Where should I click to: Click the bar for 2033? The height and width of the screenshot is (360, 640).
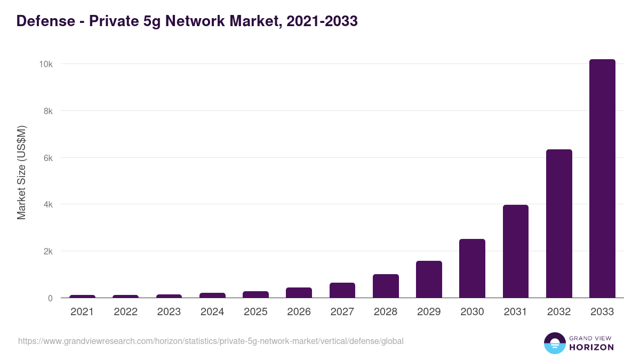(602, 179)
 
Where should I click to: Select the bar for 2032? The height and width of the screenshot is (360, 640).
(559, 224)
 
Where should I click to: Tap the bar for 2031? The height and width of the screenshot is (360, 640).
(516, 251)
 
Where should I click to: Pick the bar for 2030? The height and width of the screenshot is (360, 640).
(472, 268)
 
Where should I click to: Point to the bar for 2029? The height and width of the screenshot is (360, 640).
(429, 279)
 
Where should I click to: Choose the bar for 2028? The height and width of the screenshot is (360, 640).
(386, 286)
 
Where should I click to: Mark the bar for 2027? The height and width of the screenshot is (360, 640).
(342, 290)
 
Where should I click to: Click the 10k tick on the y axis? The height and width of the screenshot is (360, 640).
(45, 64)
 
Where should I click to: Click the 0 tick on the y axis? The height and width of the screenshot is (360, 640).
(50, 298)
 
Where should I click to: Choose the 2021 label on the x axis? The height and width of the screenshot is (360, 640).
(82, 312)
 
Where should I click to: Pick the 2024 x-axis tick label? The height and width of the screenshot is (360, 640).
(212, 312)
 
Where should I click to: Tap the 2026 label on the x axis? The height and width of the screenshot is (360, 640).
(299, 312)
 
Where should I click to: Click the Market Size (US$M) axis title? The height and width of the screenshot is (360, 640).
(21, 172)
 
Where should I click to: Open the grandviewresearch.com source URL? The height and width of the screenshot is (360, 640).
(211, 341)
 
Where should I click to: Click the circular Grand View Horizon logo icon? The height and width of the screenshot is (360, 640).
(554, 343)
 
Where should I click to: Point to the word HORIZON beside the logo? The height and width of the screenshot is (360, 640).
(591, 347)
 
